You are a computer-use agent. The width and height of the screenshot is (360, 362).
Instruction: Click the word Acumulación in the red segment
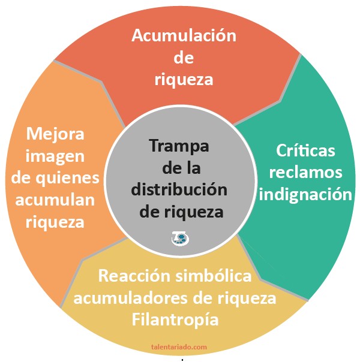[184, 36]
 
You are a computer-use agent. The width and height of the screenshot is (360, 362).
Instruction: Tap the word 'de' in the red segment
[184, 58]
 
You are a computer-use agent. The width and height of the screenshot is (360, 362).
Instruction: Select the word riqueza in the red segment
[184, 79]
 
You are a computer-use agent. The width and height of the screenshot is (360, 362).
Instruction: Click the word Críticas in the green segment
[305, 150]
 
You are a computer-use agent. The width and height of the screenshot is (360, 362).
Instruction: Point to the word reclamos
[305, 172]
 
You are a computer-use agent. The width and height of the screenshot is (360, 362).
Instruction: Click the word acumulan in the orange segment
[56, 200]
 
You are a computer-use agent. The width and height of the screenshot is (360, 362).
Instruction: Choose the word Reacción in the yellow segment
[134, 276]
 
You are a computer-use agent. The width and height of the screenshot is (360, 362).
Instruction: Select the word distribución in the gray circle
[179, 189]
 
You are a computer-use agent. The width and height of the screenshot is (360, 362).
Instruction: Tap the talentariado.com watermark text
[179, 346]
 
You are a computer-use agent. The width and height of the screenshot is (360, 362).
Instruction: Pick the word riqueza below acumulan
[56, 222]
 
